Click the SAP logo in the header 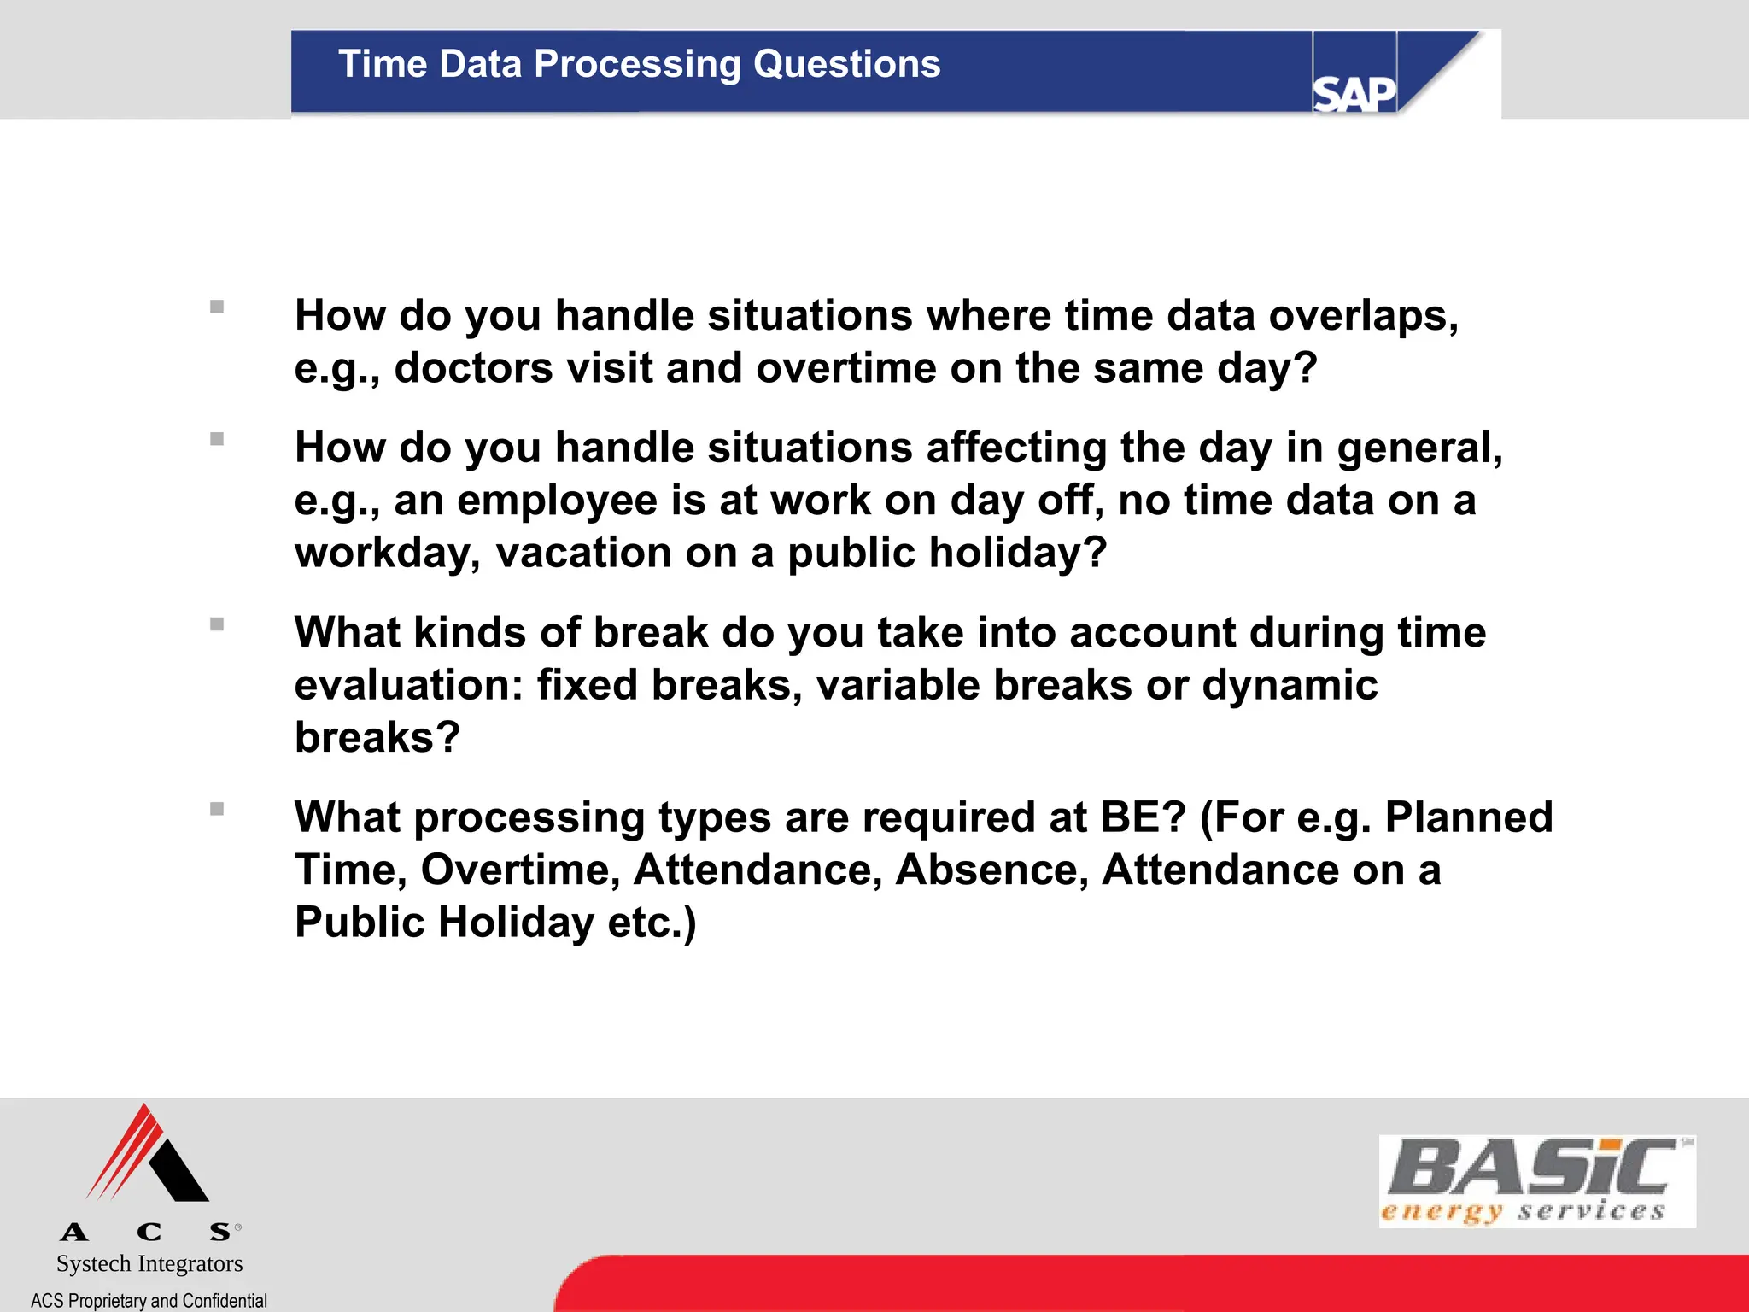coord(1354,92)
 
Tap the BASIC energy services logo coord(1536,1181)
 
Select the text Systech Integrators coord(149,1263)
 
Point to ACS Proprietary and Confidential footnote coord(149,1300)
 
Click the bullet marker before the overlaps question coord(217,307)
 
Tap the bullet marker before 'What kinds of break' coord(217,624)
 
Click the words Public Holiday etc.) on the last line coord(495,922)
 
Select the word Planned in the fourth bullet coord(1468,817)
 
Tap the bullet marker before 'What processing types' coord(217,809)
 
